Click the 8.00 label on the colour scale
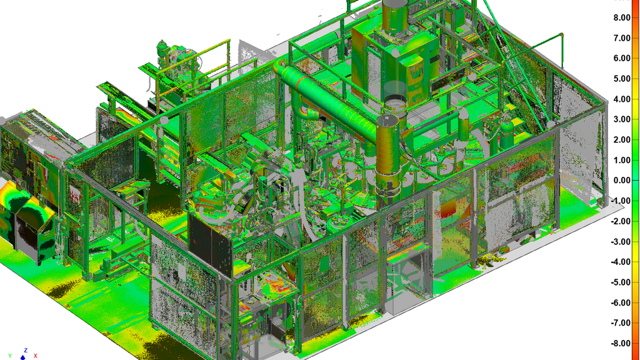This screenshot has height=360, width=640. coord(622,17)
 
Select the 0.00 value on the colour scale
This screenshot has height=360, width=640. coord(622,181)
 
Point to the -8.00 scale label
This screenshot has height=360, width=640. coord(621,343)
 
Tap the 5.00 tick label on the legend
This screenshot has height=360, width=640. coord(622,79)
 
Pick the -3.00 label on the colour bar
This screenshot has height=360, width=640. coord(621,242)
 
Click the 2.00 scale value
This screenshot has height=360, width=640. coord(622,139)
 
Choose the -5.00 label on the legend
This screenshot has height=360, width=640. coord(621,282)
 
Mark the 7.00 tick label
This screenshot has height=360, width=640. coord(622,38)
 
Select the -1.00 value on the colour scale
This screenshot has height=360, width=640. coord(621,201)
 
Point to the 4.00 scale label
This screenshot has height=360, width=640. coord(622,99)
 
